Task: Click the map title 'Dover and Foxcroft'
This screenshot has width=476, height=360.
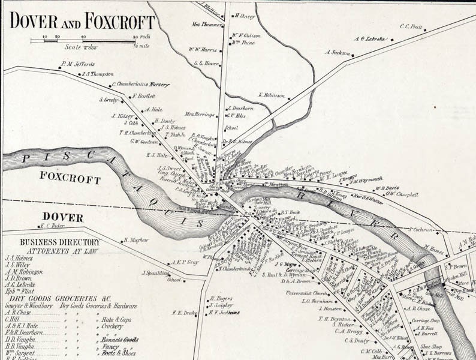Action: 82,22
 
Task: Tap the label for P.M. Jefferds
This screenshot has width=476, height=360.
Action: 77,63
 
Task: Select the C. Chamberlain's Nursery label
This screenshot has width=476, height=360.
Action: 141,85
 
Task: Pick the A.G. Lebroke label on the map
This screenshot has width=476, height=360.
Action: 369,38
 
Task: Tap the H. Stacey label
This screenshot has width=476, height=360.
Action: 245,16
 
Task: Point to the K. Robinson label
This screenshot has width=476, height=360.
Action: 272,95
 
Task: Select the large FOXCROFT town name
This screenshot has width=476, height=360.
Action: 70,178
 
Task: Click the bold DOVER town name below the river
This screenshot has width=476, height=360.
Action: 62,217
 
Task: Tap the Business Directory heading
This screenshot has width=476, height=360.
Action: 51,242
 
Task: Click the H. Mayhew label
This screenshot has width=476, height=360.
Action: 135,240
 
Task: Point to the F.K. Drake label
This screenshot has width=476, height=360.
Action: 184,312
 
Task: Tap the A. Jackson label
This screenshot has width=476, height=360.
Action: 338,52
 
